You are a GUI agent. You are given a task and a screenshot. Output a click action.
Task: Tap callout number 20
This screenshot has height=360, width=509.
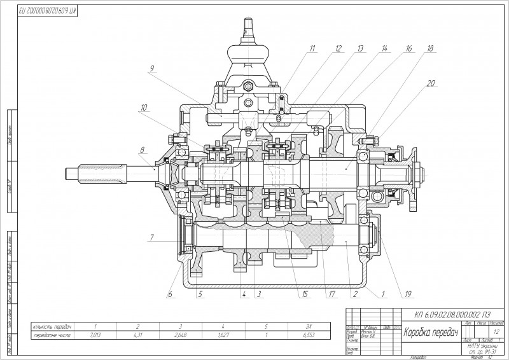pyautogui.click(x=430, y=83)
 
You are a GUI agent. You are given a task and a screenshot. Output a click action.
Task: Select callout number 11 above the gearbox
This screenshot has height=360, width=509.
pyautogui.click(x=313, y=48)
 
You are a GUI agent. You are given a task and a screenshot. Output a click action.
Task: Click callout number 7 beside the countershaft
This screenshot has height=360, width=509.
pyautogui.click(x=151, y=239)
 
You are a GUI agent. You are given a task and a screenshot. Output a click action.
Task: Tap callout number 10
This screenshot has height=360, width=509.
pyautogui.click(x=145, y=107)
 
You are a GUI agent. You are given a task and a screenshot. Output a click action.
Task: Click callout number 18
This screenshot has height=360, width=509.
pyautogui.click(x=431, y=48)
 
